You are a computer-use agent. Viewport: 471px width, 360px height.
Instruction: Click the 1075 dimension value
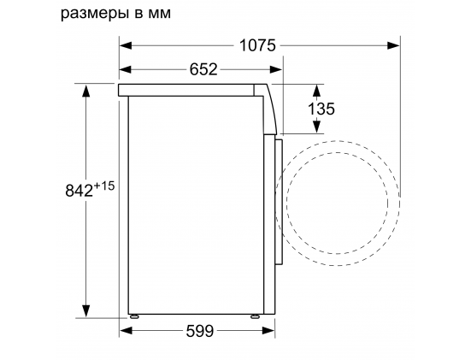click(257, 45)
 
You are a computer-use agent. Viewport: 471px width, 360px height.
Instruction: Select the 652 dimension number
click(203, 69)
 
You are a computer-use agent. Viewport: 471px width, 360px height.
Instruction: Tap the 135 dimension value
click(321, 109)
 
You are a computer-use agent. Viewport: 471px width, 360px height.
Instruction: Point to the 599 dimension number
click(200, 331)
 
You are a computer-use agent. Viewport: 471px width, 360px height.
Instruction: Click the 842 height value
click(79, 190)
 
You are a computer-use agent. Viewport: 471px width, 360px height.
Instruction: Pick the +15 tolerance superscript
click(104, 186)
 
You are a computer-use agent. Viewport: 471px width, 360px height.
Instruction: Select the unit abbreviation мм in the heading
click(160, 14)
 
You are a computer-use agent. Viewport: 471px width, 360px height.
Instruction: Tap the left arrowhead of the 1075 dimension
click(126, 45)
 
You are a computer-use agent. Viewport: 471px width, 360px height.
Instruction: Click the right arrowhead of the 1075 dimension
click(393, 45)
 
